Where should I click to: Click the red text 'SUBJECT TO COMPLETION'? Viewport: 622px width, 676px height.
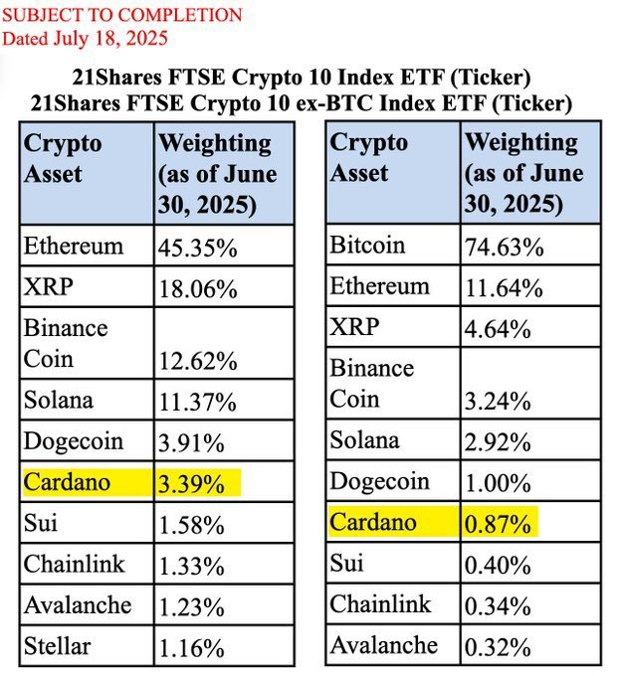[121, 15]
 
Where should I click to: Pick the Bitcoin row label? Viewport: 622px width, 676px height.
[367, 246]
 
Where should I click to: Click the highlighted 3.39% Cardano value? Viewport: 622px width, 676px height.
[197, 484]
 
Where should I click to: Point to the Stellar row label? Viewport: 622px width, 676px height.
[57, 647]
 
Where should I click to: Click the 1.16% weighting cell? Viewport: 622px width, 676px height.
[192, 649]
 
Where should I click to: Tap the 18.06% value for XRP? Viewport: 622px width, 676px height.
[197, 289]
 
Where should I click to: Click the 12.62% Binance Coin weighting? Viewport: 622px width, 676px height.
[197, 360]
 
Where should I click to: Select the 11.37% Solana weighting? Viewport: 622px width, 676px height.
[197, 402]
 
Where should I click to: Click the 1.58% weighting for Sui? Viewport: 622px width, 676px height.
[192, 525]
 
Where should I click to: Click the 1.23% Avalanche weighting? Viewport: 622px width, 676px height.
[192, 607]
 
